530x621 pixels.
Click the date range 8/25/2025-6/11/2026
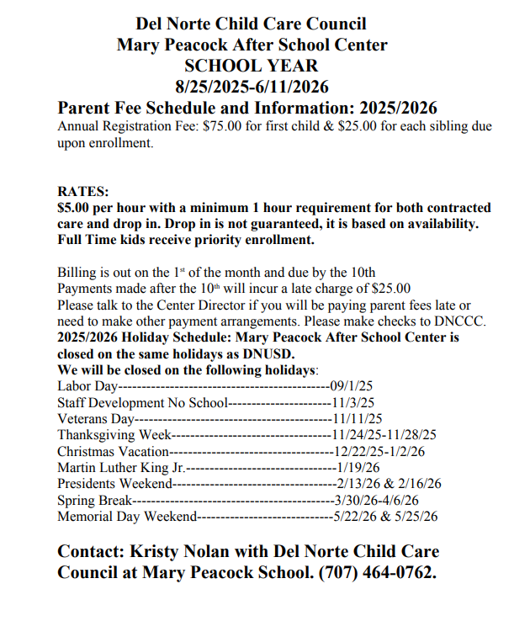[252, 87]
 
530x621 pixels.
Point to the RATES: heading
[83, 193]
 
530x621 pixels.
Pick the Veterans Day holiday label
[96, 418]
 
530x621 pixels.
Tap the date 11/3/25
[353, 402]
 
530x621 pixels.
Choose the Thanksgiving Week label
[114, 435]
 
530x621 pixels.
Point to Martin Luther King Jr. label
[120, 467]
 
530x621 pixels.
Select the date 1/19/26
[358, 467]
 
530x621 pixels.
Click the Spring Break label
[95, 500]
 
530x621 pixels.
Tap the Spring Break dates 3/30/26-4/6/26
[377, 500]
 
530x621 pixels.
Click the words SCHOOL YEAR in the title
[252, 66]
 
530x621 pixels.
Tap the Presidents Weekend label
[114, 484]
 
